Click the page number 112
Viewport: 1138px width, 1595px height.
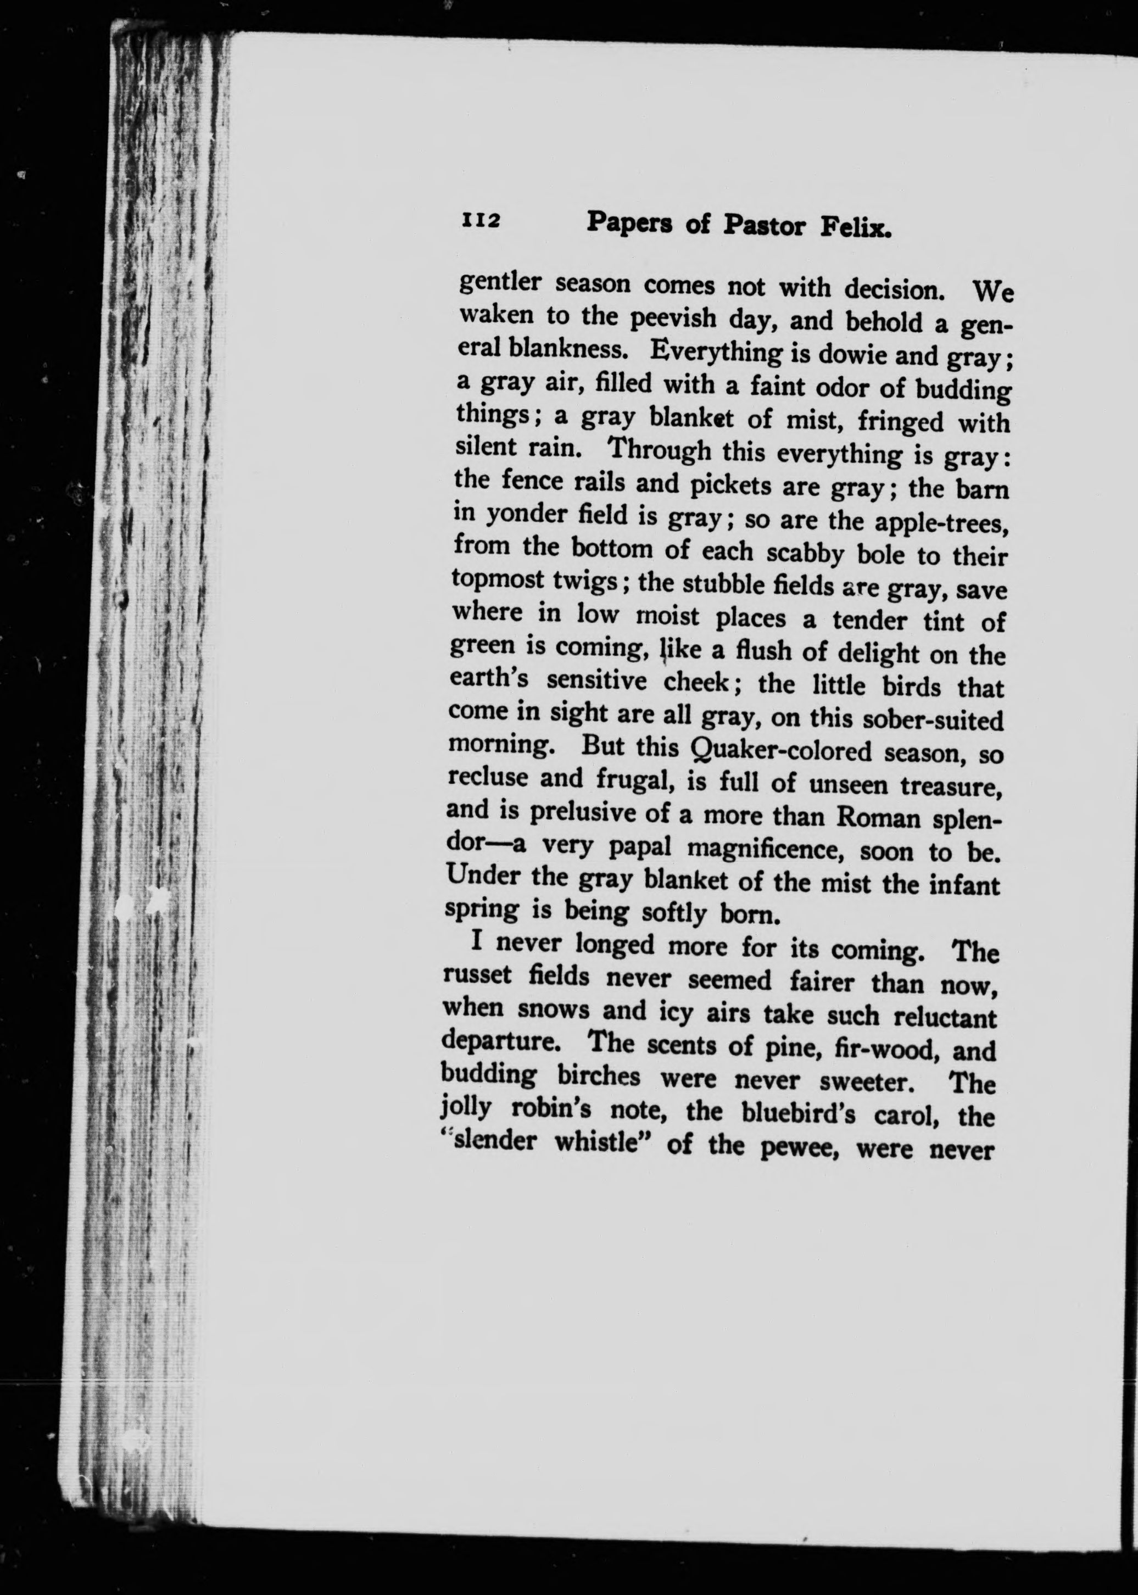tap(480, 220)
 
